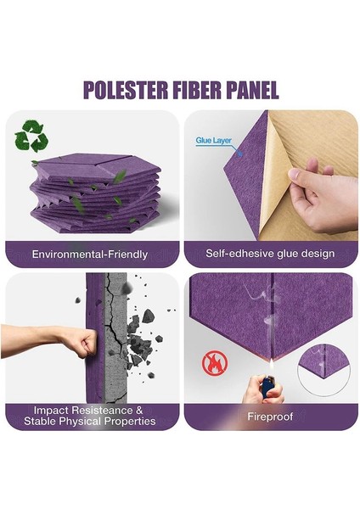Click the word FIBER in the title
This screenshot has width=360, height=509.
click(x=204, y=90)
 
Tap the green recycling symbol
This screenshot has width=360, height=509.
click(x=32, y=136)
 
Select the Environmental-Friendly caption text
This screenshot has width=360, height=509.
click(x=90, y=254)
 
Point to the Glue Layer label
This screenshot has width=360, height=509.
click(x=213, y=141)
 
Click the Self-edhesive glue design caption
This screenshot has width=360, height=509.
click(x=270, y=254)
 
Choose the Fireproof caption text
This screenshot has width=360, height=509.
click(x=270, y=417)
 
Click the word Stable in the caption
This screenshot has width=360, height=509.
click(x=43, y=421)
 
